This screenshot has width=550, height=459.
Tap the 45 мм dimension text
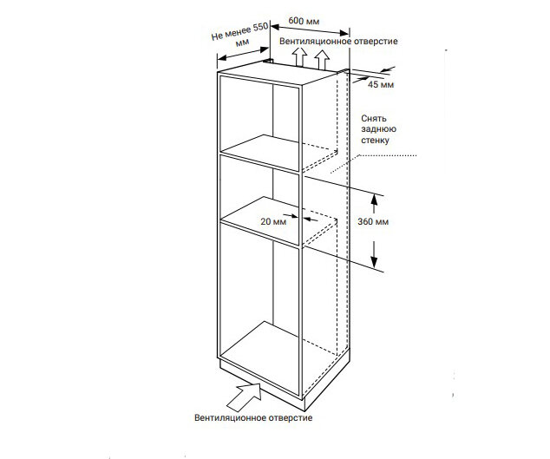381,84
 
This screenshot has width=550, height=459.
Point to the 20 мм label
272,221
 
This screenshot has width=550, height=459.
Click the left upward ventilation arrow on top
298,57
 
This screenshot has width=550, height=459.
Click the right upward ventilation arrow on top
323,59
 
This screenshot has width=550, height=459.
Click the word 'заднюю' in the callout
377,128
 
